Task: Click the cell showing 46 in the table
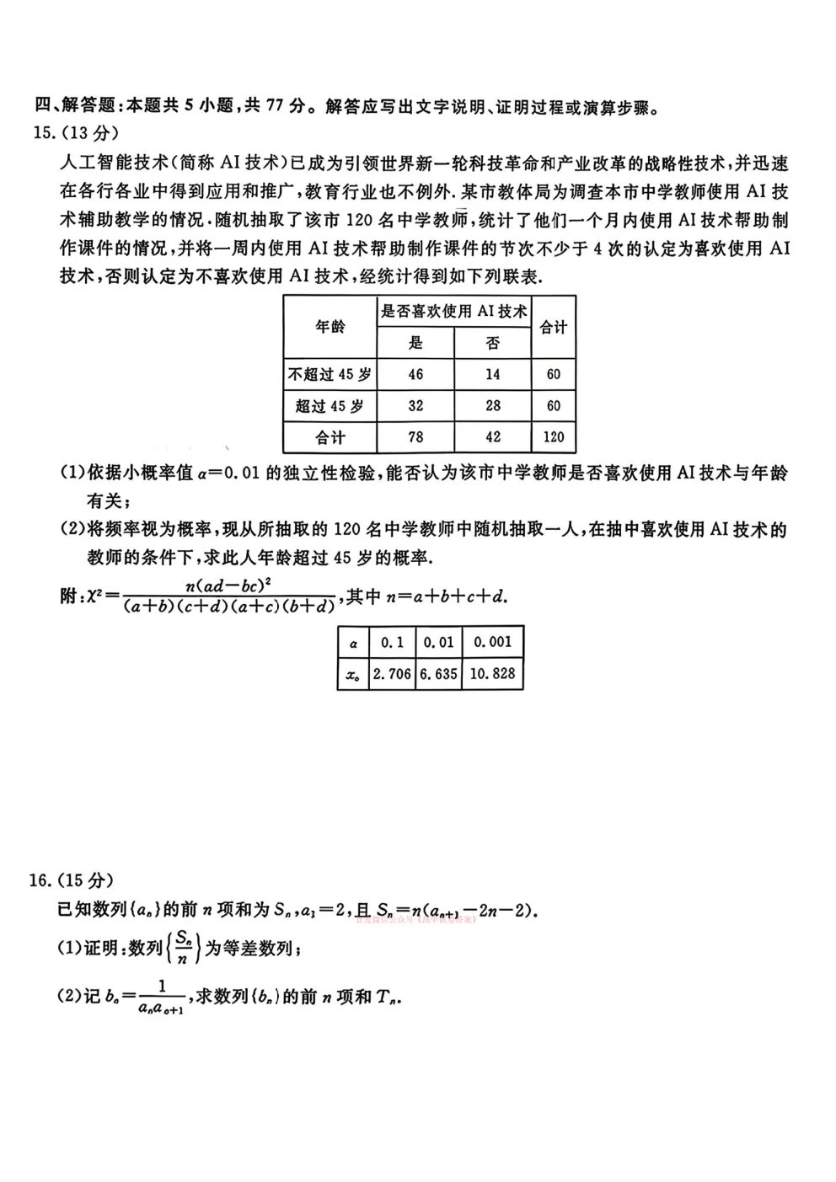[415, 374]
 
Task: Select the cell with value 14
[493, 374]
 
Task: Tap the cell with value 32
[415, 406]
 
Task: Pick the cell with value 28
[493, 406]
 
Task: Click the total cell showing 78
[415, 437]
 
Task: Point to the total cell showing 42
[493, 437]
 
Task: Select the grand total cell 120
[554, 437]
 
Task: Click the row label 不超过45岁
[330, 374]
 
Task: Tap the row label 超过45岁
[330, 406]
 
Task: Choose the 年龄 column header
[330, 327]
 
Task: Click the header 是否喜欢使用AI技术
[453, 312]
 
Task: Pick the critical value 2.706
[392, 674]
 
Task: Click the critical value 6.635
[438, 674]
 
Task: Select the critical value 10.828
[492, 674]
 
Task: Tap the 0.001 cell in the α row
[492, 642]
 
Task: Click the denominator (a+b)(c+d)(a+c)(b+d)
[228, 607]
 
